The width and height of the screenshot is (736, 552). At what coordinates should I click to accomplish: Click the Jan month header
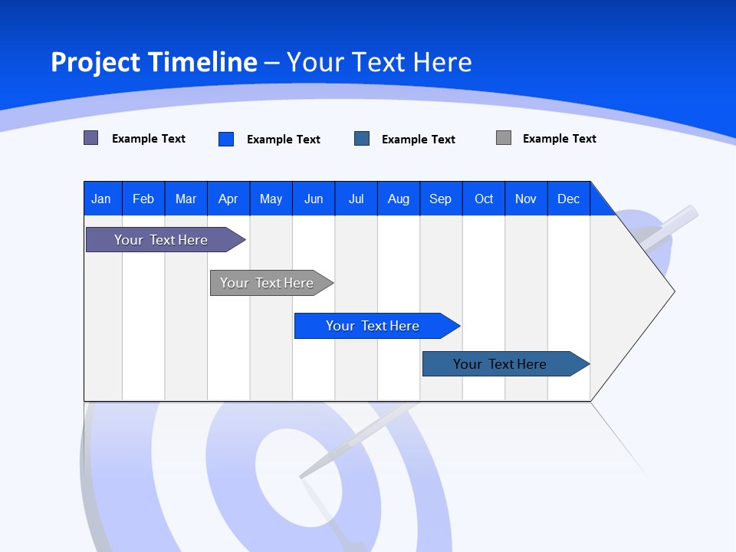[x=102, y=199]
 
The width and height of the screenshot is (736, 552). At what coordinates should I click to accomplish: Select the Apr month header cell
[x=228, y=199]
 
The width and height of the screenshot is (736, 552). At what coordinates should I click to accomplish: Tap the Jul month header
[x=356, y=199]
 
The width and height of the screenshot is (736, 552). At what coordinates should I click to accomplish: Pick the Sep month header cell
[x=441, y=199]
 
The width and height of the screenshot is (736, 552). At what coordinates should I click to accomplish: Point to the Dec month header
[x=568, y=199]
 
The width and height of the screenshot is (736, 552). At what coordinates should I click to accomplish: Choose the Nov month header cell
[x=526, y=199]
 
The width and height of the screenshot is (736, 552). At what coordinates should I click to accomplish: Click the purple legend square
[x=91, y=138]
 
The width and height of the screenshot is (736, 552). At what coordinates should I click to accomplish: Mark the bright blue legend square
[x=226, y=139]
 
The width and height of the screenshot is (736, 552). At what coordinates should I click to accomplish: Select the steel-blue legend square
[x=362, y=139]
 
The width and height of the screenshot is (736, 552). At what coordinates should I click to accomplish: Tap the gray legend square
[x=504, y=138]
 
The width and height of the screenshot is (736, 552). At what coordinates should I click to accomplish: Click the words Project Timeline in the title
[x=153, y=62]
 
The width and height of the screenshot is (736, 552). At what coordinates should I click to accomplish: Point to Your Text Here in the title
[x=379, y=62]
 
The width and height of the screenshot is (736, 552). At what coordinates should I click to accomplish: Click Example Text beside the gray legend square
[x=559, y=139]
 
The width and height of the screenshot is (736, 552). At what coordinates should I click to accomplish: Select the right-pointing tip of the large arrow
[x=672, y=291]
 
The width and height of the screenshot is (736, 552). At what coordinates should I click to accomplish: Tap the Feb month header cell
[x=143, y=199]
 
